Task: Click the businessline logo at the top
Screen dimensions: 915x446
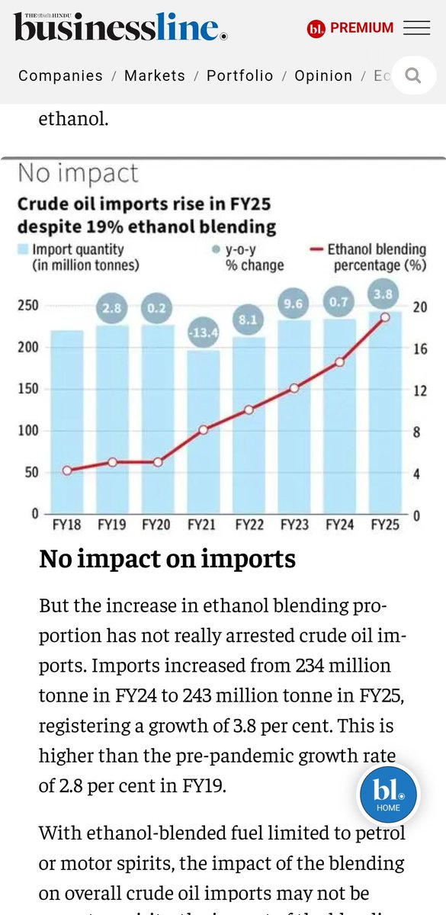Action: (x=120, y=28)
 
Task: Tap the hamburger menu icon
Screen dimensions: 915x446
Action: (x=416, y=28)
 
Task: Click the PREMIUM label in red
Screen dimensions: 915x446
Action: (x=361, y=28)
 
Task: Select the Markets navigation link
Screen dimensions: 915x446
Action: (x=155, y=75)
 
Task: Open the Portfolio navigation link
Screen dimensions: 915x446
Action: (x=239, y=75)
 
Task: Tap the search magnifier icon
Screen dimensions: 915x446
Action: (x=413, y=75)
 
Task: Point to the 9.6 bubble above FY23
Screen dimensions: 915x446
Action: (x=294, y=303)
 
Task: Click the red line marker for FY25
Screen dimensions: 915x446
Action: (x=385, y=316)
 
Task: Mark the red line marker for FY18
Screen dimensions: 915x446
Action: (x=67, y=470)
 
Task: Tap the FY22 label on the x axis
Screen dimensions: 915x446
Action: (x=249, y=525)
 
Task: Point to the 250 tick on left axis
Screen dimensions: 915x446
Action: (x=28, y=306)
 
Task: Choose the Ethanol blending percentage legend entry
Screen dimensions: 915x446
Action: (x=370, y=257)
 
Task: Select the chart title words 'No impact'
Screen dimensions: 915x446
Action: (x=78, y=173)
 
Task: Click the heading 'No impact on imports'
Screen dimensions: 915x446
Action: (x=167, y=559)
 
